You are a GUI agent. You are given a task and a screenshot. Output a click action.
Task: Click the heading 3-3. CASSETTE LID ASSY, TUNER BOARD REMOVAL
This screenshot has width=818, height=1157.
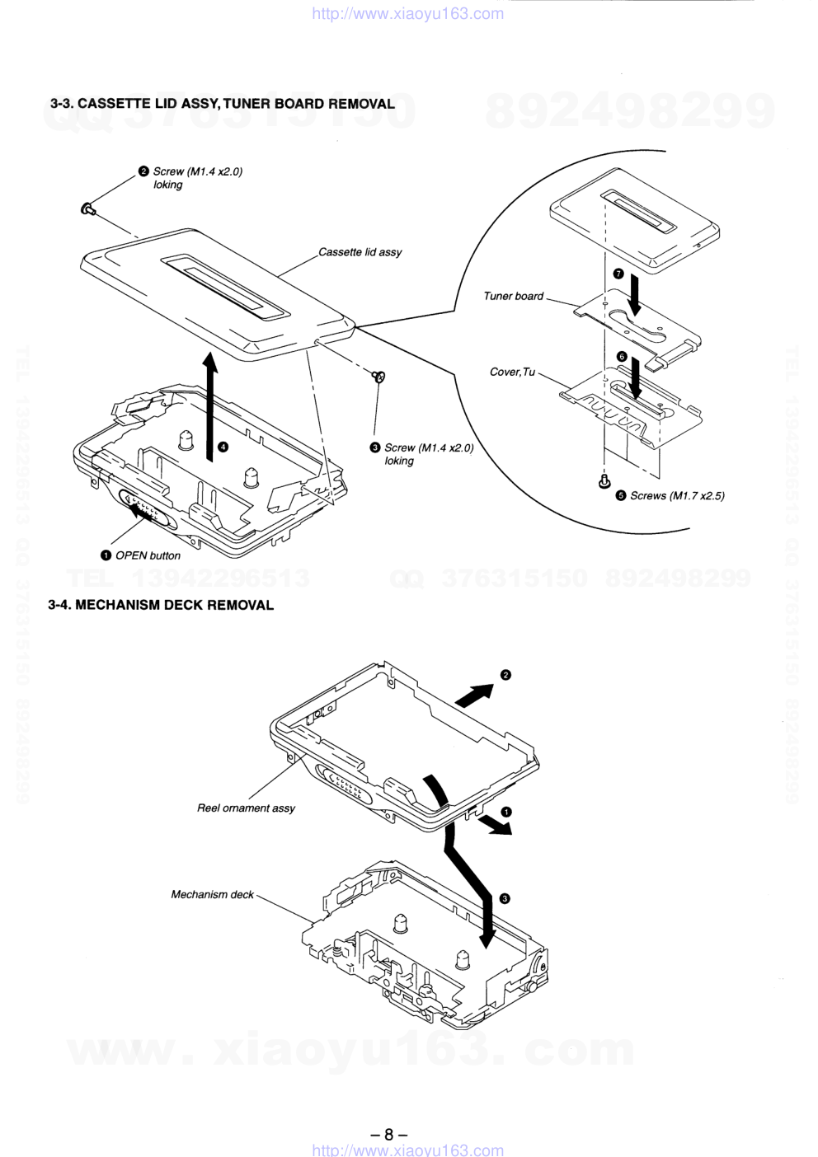223,104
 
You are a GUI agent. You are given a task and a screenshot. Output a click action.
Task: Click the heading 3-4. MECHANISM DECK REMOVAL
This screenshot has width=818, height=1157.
161,605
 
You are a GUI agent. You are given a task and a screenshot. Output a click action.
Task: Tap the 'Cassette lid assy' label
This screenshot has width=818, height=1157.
360,252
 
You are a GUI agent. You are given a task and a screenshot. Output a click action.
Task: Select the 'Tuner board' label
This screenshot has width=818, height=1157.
513,296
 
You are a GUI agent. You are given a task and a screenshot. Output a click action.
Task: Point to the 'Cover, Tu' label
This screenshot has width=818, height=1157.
512,372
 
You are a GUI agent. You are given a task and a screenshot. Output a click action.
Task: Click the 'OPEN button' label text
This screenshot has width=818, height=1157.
148,555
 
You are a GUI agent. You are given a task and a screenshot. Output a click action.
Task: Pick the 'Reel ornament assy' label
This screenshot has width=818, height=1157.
246,808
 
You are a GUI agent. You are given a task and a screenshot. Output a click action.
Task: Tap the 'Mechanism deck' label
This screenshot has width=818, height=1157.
212,894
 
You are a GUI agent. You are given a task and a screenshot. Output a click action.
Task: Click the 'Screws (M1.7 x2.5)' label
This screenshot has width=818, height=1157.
677,495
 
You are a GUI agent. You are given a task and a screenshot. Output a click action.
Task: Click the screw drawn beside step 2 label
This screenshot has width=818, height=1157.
88,209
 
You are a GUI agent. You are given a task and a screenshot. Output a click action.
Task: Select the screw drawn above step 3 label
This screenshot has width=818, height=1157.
379,377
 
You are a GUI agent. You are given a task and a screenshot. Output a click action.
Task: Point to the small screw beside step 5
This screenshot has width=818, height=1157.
604,480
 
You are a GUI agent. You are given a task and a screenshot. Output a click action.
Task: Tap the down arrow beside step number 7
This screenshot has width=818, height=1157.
635,295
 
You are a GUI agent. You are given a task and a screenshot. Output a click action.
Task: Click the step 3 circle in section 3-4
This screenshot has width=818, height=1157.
505,898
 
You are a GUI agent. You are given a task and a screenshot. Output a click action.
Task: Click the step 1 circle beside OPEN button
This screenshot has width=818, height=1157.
106,555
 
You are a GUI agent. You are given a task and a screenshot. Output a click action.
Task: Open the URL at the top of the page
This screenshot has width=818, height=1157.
408,13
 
